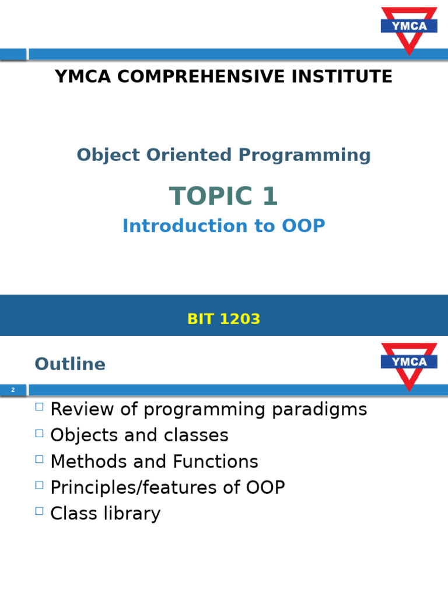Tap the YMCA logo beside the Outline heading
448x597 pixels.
pos(409,363)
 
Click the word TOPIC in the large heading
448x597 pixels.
pos(204,197)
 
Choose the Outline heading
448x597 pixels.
pos(70,364)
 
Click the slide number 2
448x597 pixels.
pos(12,389)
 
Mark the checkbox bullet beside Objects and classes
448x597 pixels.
pos(39,433)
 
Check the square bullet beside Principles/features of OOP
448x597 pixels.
pos(39,485)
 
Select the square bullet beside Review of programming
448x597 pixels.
pos(39,407)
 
